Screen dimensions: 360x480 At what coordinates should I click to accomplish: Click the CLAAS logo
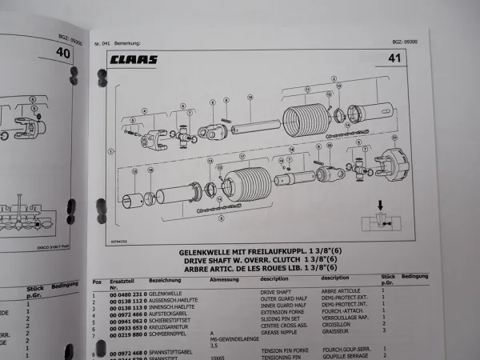coord(134,59)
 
